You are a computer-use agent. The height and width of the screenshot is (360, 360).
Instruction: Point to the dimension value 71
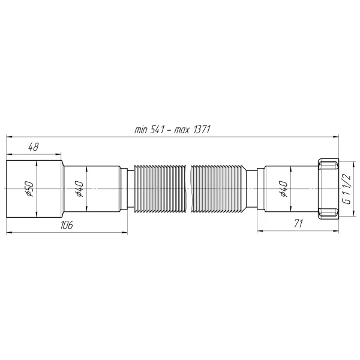click(298, 224)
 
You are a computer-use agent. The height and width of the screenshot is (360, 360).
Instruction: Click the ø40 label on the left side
click(79, 189)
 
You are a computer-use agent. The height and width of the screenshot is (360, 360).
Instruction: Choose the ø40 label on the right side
click(283, 189)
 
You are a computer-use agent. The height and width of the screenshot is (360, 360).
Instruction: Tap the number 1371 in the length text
click(203, 130)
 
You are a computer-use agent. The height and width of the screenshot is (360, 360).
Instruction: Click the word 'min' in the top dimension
click(141, 130)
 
